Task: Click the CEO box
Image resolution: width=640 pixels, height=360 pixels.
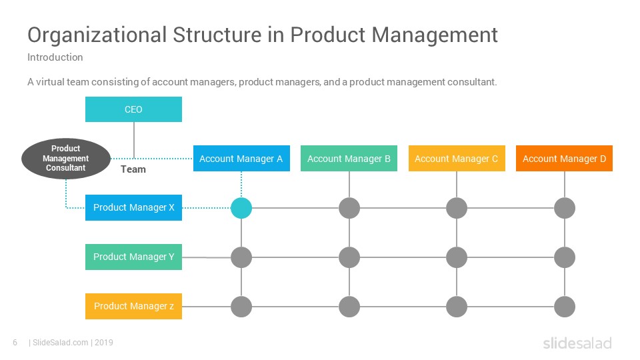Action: [133, 109]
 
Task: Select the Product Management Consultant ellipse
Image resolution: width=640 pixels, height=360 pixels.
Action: [66, 159]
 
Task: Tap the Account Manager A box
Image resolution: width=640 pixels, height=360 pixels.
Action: [241, 159]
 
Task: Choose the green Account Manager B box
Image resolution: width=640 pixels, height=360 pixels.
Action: [349, 159]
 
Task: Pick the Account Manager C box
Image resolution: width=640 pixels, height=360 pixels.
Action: [457, 159]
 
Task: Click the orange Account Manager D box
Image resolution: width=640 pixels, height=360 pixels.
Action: [564, 159]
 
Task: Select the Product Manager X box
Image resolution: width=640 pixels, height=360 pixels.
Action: [133, 208]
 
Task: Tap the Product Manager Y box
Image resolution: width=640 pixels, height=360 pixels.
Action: [133, 257]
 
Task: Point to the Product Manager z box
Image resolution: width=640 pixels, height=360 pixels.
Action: [133, 306]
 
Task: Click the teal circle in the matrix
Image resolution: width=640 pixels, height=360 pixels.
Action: [241, 208]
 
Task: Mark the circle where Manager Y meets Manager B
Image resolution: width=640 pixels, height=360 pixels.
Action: [349, 257]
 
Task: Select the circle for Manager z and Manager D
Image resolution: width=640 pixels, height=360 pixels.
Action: [565, 307]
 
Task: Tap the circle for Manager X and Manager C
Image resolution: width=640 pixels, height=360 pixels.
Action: [457, 208]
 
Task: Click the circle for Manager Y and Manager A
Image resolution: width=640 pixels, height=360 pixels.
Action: [241, 257]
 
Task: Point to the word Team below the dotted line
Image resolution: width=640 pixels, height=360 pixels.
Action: [133, 169]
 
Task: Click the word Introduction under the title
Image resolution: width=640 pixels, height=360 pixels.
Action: [55, 57]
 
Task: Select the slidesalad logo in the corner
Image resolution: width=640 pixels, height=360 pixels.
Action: [577, 343]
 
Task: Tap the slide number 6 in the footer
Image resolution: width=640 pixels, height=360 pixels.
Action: [15, 343]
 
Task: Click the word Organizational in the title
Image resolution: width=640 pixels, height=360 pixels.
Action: [97, 35]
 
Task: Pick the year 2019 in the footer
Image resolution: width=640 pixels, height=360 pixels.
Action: [104, 343]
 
